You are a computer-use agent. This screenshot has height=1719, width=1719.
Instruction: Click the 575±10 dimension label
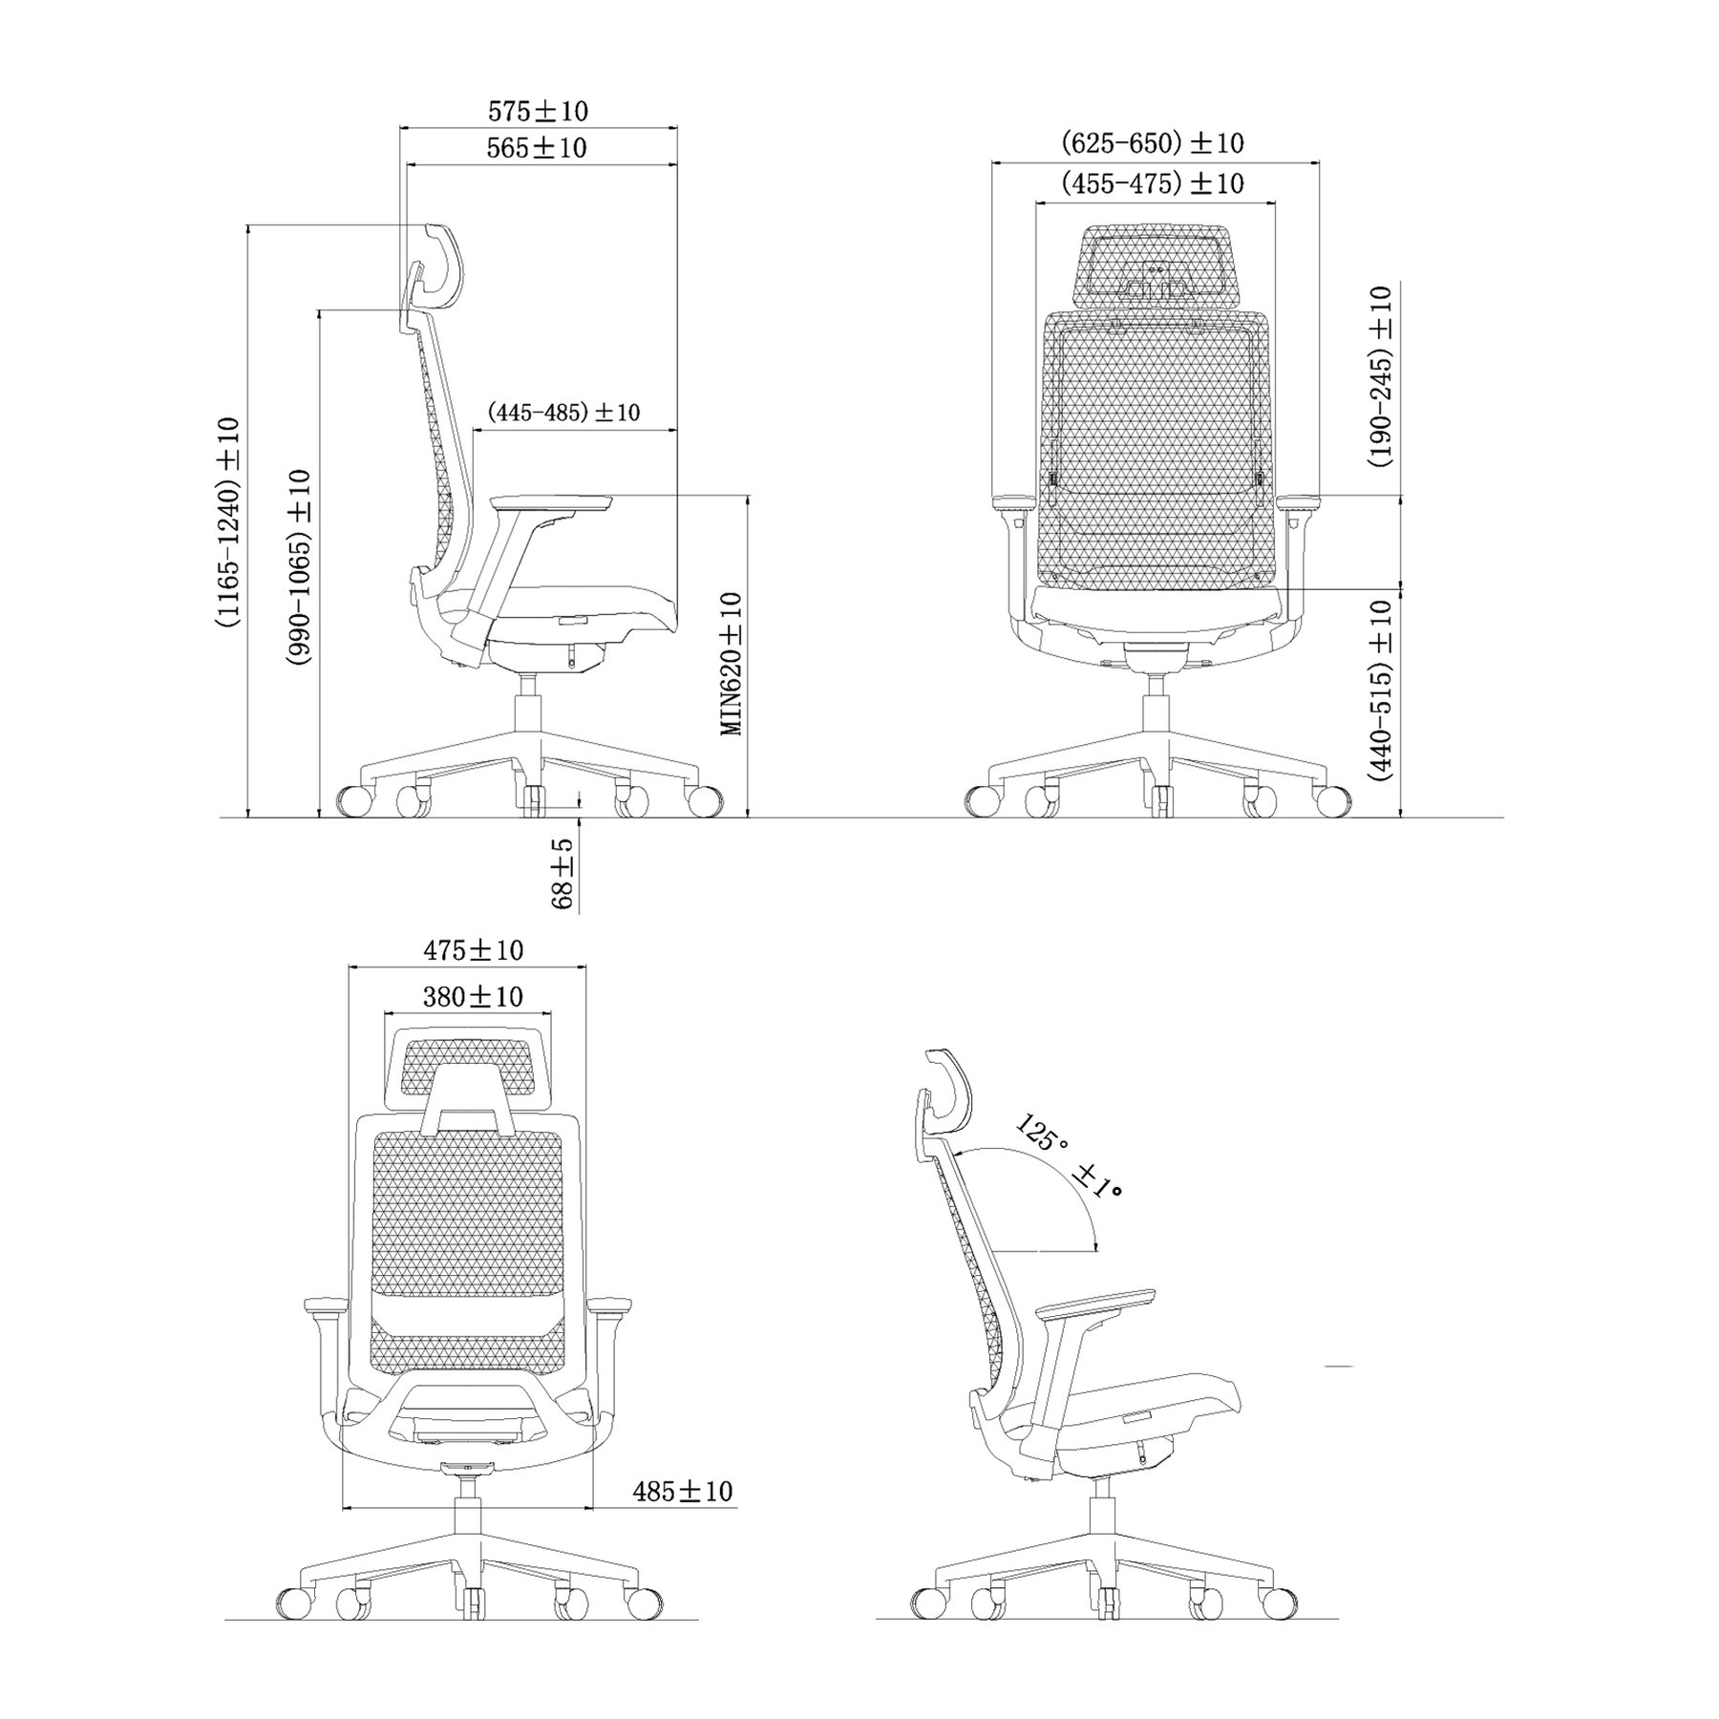[x=539, y=112]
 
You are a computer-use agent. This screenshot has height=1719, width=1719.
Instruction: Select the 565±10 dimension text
[x=537, y=148]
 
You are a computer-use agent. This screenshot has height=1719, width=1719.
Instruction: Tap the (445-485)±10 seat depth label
[x=563, y=413]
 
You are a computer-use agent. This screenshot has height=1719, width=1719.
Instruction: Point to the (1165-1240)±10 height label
[x=229, y=522]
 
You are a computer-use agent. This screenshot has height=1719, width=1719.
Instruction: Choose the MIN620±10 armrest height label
[x=732, y=664]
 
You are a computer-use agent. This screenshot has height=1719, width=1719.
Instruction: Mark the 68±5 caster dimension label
[x=563, y=874]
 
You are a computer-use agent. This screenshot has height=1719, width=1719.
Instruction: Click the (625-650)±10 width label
[x=1153, y=143]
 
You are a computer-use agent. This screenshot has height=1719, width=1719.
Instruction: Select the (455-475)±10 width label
[x=1153, y=182]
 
